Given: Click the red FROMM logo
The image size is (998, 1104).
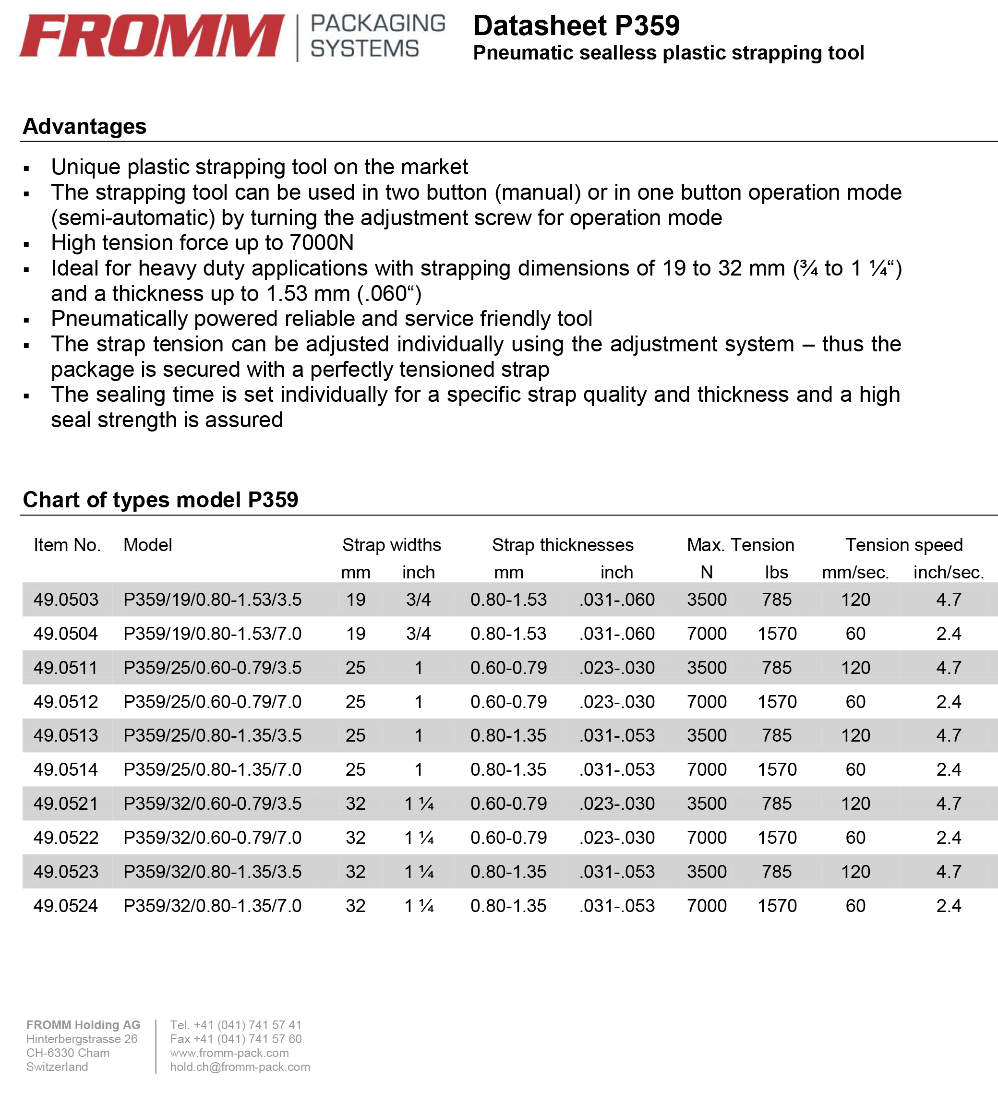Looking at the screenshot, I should (152, 36).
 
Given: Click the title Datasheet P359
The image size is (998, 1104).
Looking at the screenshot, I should (576, 26).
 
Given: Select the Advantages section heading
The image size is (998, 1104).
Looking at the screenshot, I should (84, 127).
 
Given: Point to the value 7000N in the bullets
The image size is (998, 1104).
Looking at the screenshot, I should (322, 242).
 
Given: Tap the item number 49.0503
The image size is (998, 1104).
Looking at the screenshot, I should (66, 600).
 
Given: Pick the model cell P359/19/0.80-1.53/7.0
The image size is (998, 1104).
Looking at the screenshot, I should (213, 634).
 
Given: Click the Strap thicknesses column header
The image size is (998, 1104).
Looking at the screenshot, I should (563, 545).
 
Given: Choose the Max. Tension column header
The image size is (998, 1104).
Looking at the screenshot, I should (740, 545).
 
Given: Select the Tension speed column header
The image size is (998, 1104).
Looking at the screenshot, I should (904, 545).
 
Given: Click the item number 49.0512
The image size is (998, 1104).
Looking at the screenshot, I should (66, 701).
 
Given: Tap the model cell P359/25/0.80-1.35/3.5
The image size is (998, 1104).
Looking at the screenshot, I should (213, 735).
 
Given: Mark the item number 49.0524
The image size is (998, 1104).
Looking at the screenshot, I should (66, 906).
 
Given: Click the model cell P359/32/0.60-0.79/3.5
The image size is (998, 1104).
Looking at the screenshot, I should (213, 804).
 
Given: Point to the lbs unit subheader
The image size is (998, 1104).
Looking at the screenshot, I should (776, 572).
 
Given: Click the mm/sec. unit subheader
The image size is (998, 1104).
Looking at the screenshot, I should (855, 572).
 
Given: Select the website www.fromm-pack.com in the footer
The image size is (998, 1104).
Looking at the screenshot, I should (229, 1053).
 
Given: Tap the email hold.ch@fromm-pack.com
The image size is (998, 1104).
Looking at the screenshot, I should (240, 1067).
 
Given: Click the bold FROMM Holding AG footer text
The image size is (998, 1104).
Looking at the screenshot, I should (83, 1025).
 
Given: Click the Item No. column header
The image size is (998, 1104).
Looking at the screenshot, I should (67, 545).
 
